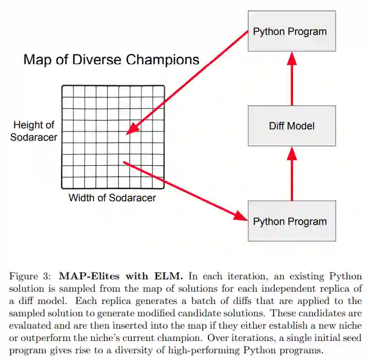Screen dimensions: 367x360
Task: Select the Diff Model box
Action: (x=292, y=125)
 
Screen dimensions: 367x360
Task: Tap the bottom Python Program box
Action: (x=291, y=221)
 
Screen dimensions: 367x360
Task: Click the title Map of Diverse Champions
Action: (x=111, y=60)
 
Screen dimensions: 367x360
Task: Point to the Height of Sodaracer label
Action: (x=34, y=131)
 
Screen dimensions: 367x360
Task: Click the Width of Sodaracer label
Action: (x=112, y=198)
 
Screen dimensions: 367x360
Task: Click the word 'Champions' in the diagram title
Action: (x=166, y=60)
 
